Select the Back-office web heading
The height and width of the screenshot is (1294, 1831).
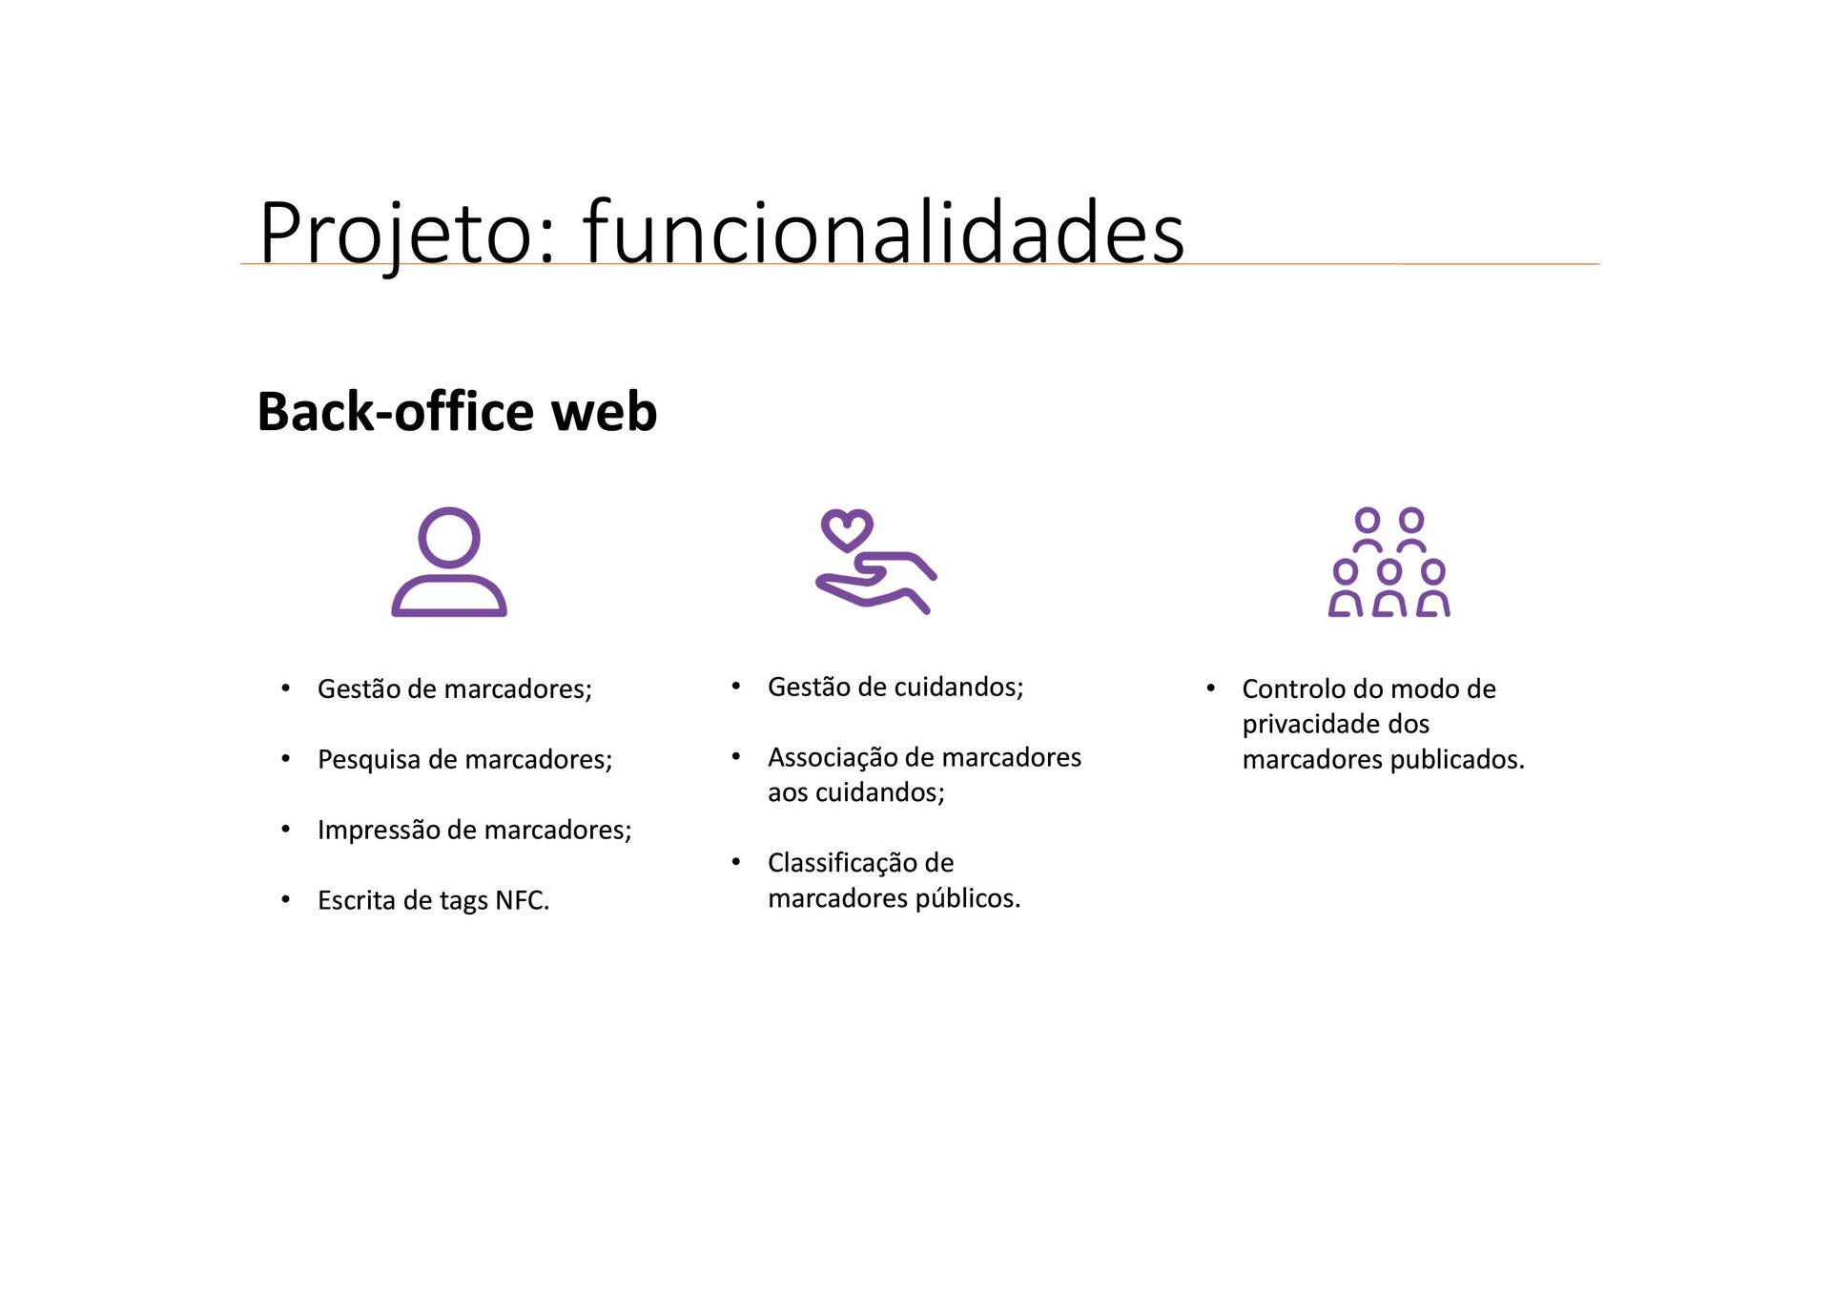pos(457,411)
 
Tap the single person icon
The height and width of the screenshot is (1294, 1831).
pos(449,562)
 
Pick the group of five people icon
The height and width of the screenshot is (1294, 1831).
pos(1389,562)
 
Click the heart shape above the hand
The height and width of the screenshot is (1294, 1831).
pos(847,530)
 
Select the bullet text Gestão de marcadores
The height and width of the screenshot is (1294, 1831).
pos(455,688)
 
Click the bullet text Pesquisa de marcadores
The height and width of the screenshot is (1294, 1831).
pos(465,759)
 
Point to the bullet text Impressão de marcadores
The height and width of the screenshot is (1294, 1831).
pos(475,830)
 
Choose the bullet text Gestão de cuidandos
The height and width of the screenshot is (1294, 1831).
pos(895,687)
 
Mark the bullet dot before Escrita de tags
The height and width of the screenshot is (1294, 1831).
pos(286,899)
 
